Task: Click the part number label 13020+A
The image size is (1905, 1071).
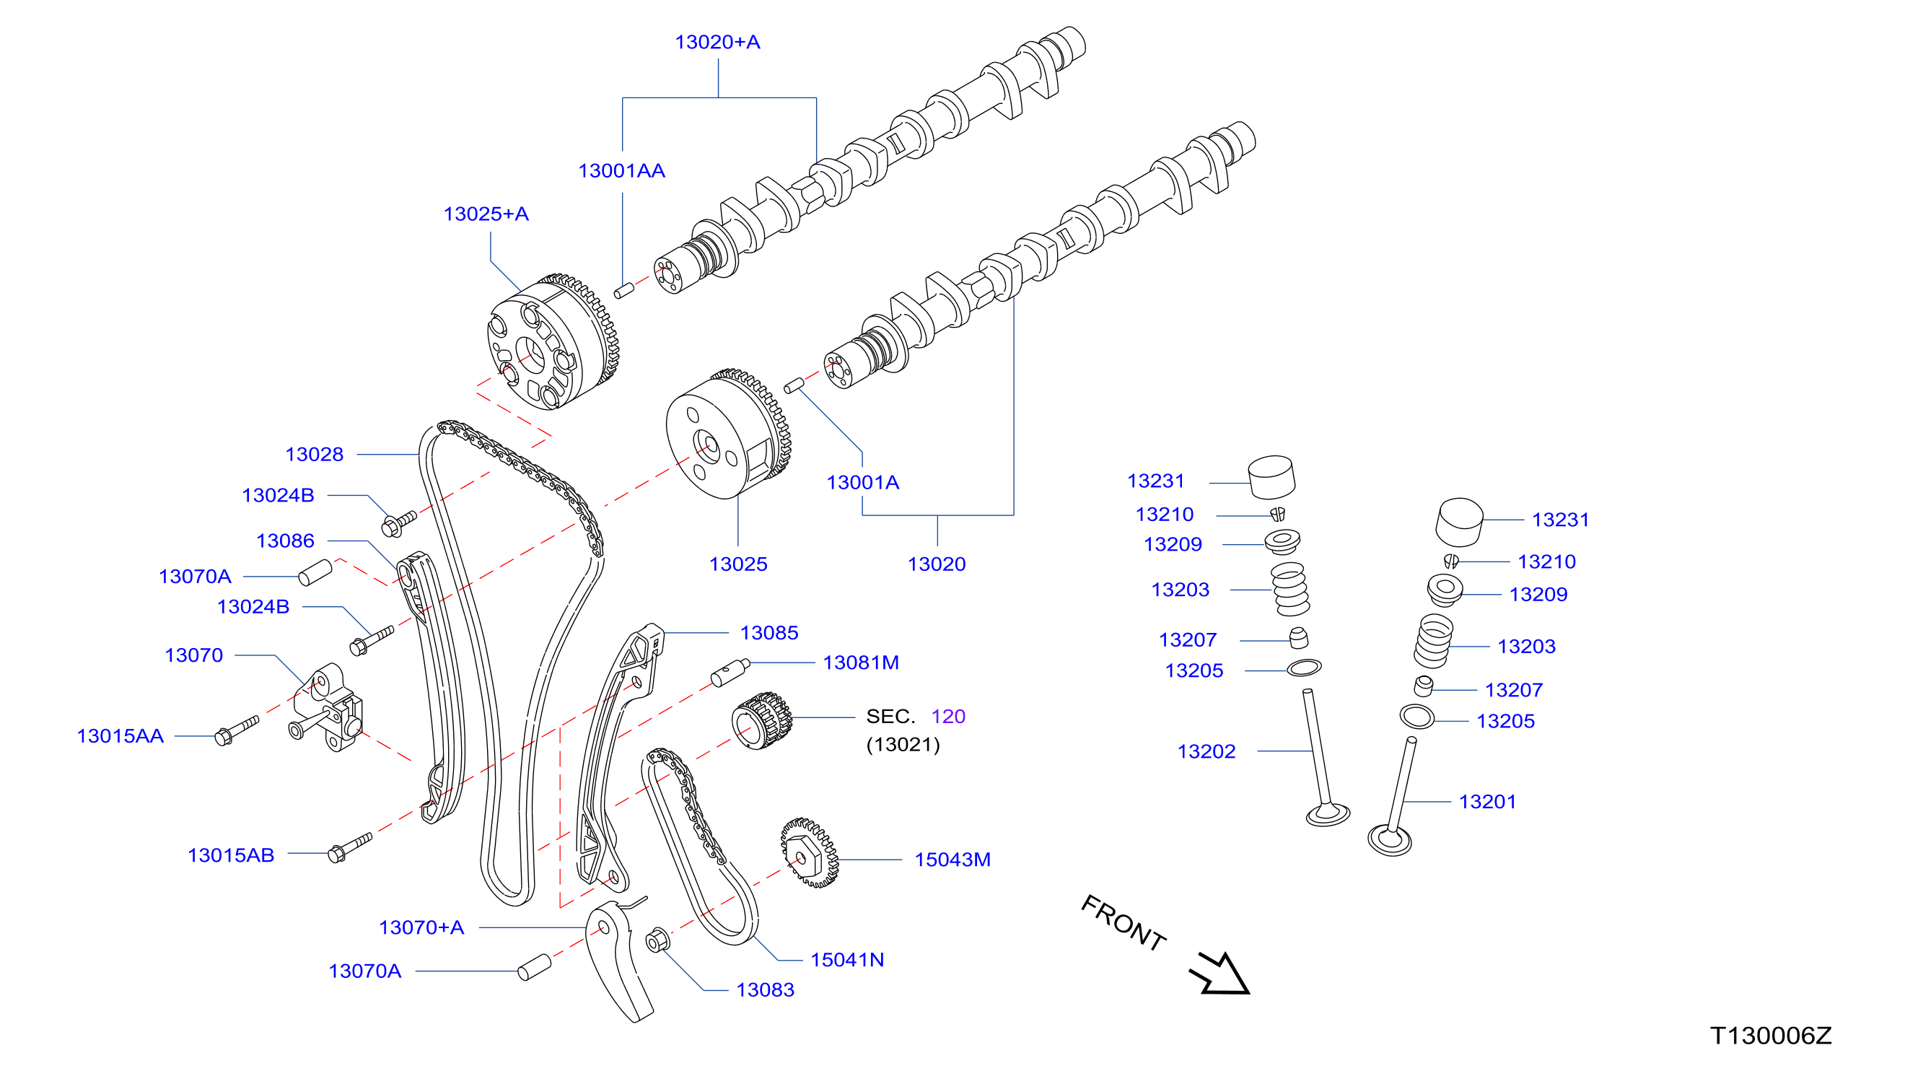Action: tap(717, 42)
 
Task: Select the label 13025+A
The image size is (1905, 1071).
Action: tap(486, 214)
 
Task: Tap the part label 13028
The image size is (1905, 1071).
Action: tap(315, 455)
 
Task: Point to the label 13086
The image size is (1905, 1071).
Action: tap(286, 541)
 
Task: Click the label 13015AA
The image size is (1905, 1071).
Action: tap(121, 737)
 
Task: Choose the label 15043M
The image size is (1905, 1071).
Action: tap(952, 860)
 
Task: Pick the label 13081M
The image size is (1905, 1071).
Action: tap(861, 663)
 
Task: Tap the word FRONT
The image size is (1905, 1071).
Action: tap(1124, 922)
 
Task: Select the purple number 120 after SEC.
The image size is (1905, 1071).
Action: tap(948, 717)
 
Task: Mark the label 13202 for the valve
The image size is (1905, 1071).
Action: tap(1206, 752)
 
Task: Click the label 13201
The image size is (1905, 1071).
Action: tap(1487, 803)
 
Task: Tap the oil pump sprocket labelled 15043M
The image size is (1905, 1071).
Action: tap(809, 853)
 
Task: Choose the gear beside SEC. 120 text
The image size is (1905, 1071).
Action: tap(762, 721)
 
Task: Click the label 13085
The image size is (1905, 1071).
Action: tap(769, 633)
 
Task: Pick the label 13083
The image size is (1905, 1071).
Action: tap(765, 990)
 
